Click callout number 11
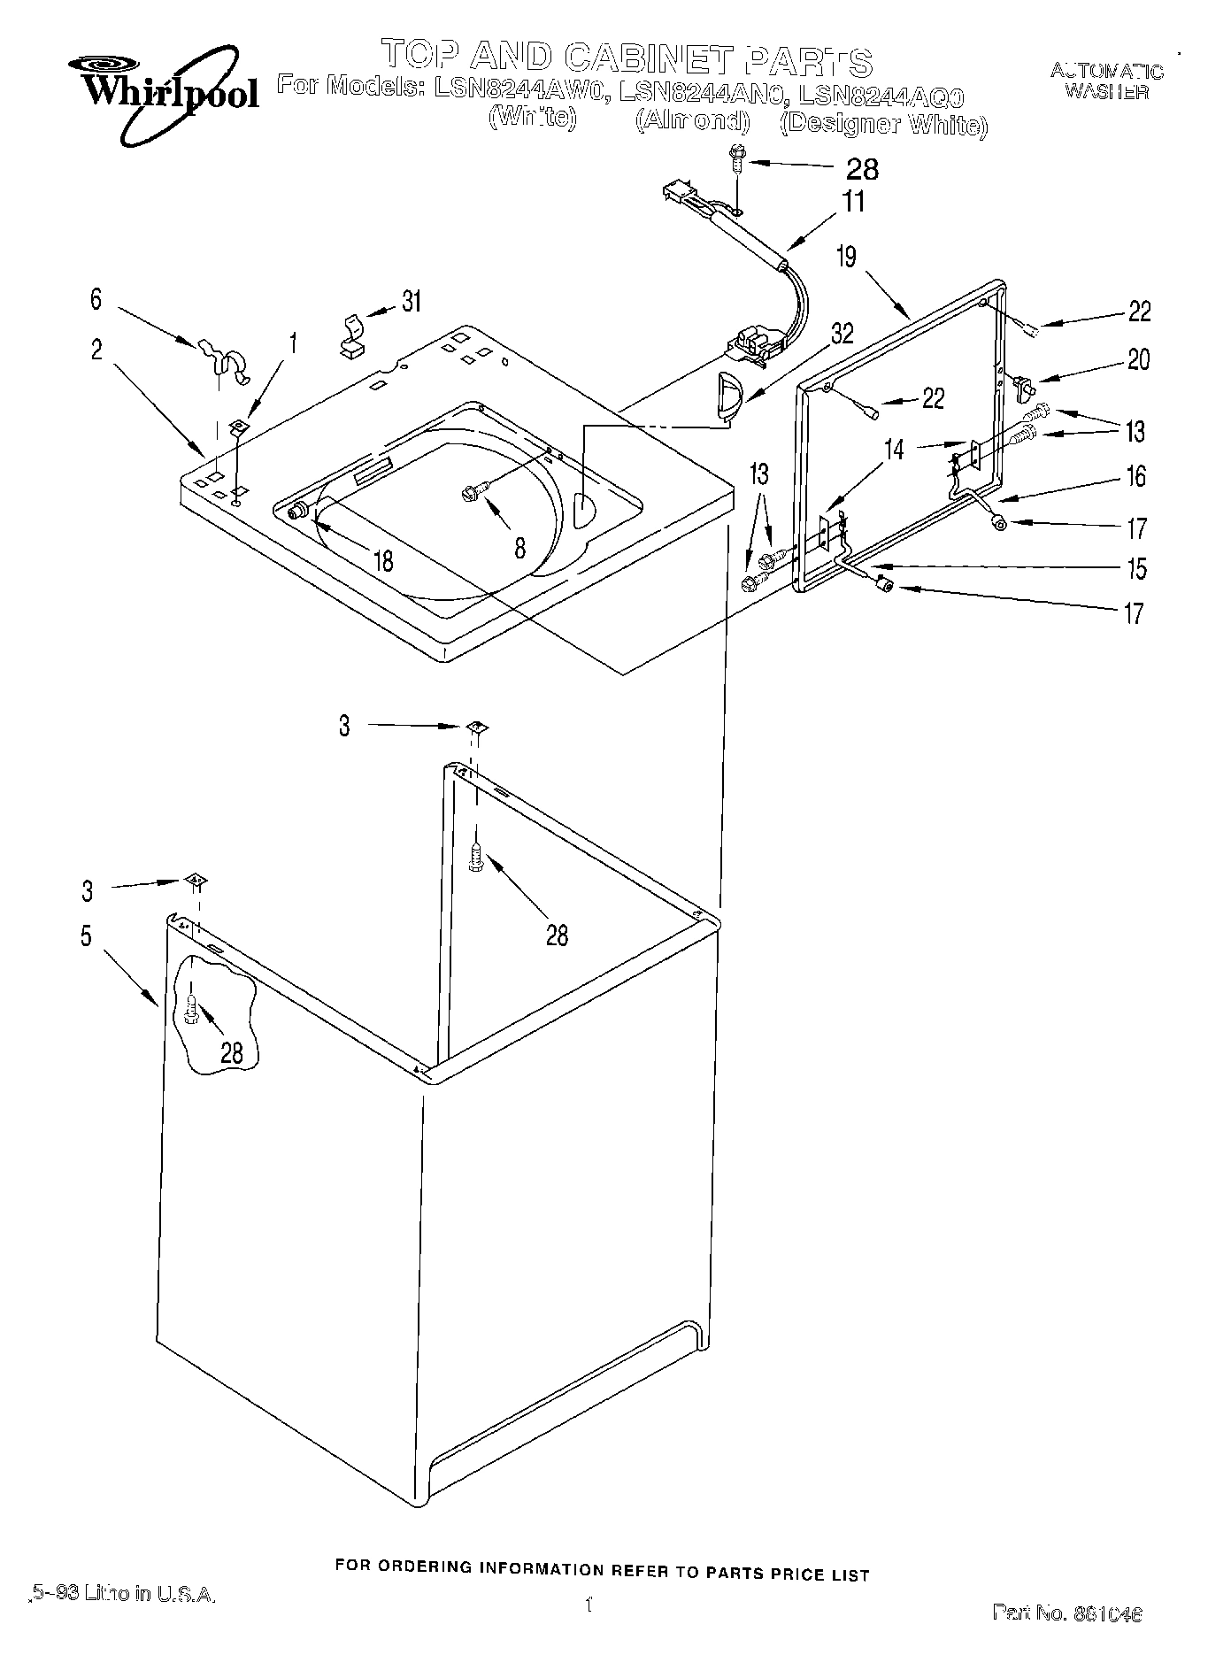pos(853,201)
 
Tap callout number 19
pos(846,258)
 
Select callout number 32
pos(842,334)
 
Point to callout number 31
pos(411,302)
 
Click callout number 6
pos(96,299)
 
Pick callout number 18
pos(383,561)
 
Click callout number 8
pos(519,548)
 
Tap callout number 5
pos(86,935)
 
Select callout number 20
pos(1139,359)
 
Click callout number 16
pos(1135,477)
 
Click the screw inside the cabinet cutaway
pos(191,1007)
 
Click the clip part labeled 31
pos(353,335)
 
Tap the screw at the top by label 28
pos(736,158)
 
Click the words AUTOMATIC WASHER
pos(1106,81)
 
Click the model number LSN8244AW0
pos(518,88)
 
